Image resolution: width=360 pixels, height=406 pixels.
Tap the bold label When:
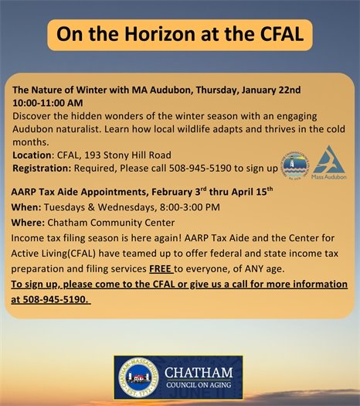tap(27, 207)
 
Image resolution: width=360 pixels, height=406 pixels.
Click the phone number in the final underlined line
tap(53, 299)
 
